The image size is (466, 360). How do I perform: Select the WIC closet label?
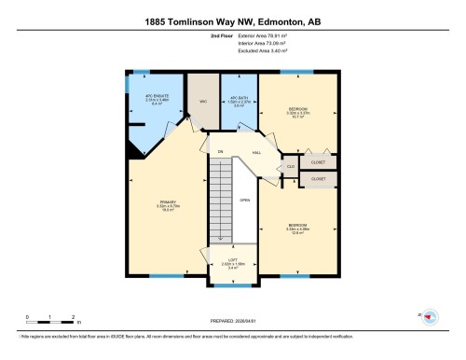tap(202, 102)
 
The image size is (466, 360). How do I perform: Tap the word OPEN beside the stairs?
tap(244, 201)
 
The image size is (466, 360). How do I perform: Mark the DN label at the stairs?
tap(221, 152)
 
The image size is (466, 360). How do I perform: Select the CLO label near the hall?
tap(292, 168)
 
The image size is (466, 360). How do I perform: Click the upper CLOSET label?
tap(317, 159)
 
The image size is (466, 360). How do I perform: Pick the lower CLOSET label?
tap(318, 177)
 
